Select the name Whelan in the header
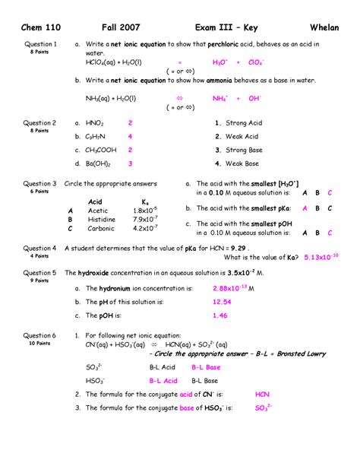[327, 28]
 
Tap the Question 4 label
[39, 248]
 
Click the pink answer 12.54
[222, 302]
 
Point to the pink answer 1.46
[219, 315]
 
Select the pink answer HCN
[262, 395]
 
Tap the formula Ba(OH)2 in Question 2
[99, 163]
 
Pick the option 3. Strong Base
[237, 150]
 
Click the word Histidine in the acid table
[102, 219]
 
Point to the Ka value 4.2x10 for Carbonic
[144, 228]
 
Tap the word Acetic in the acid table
[98, 210]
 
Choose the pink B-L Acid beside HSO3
[163, 380]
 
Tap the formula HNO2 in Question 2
[94, 122]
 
